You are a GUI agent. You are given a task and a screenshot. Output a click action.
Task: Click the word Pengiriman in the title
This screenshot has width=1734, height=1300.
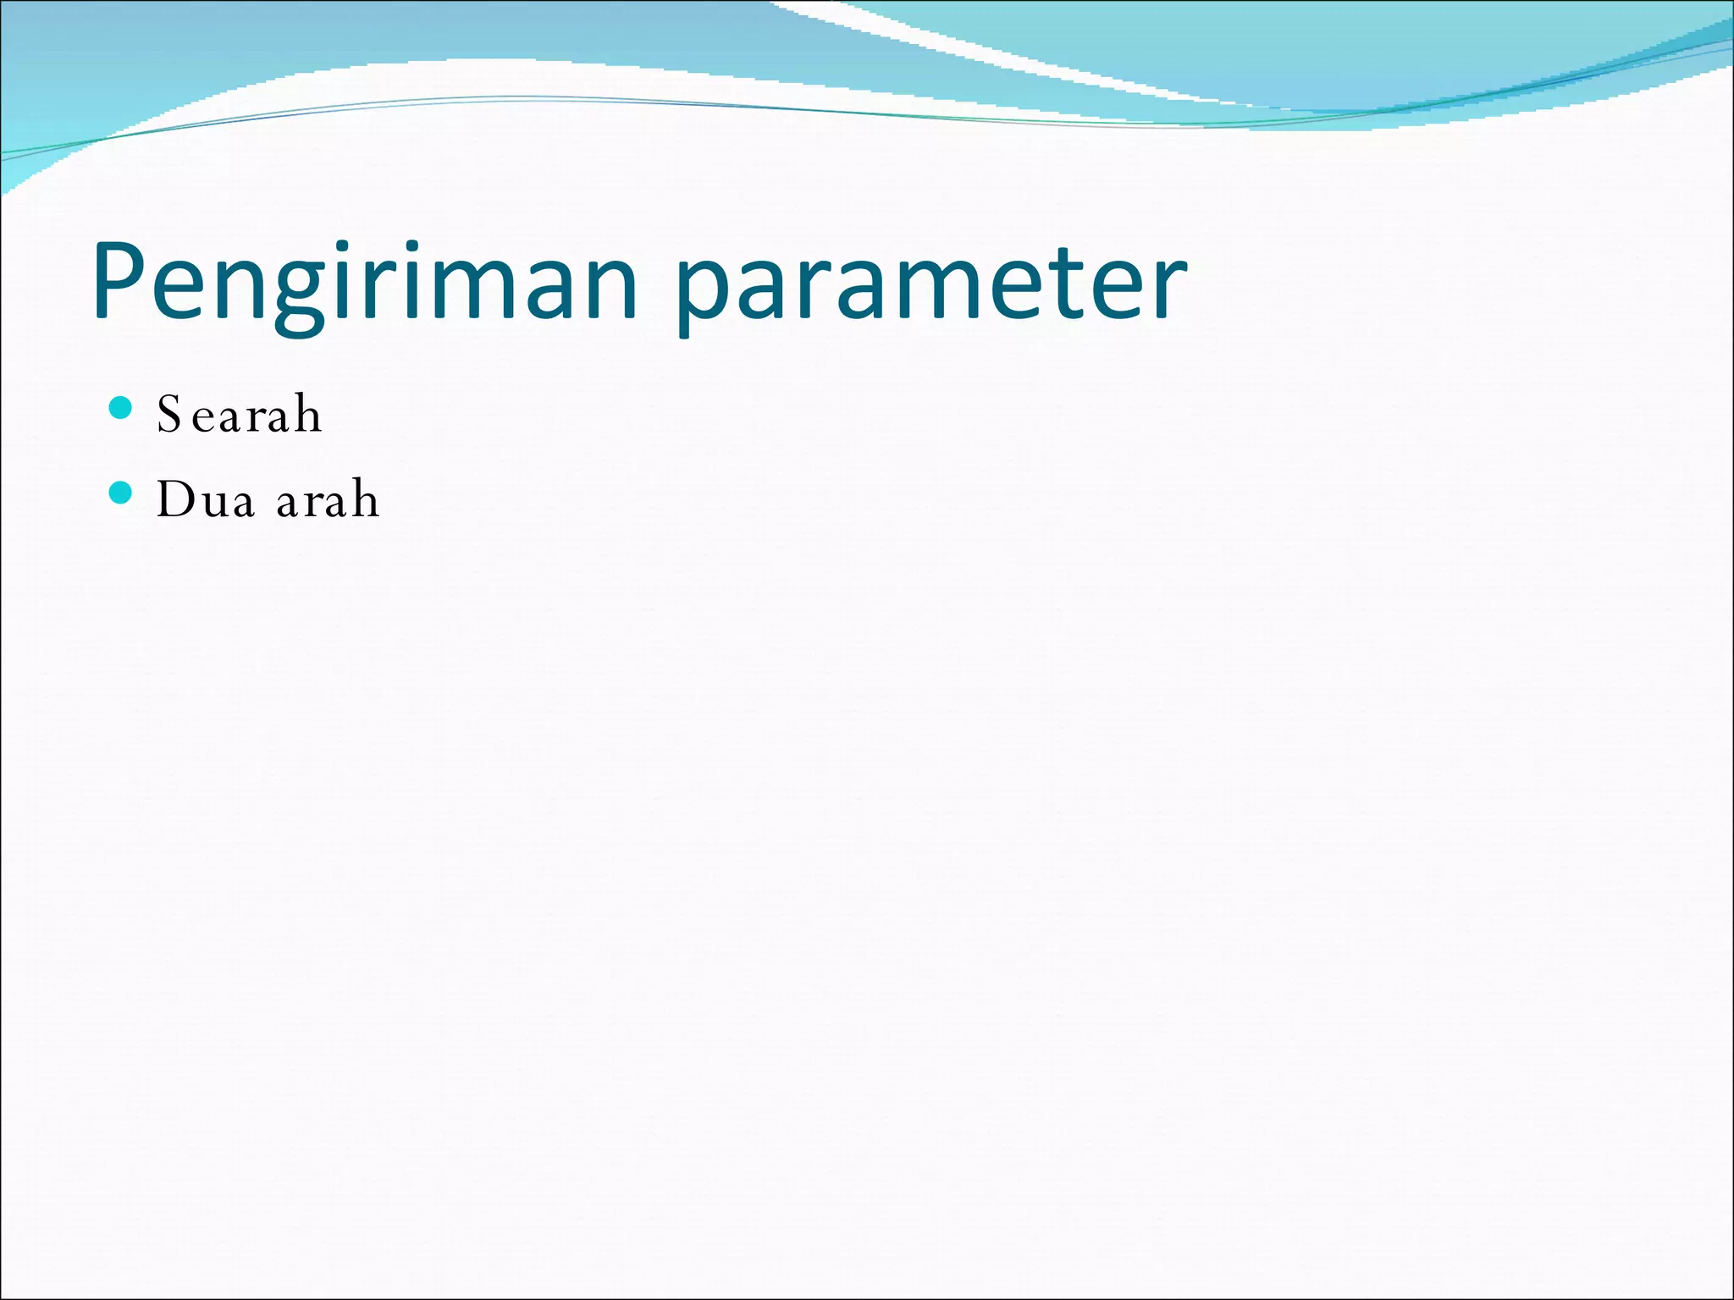tap(364, 284)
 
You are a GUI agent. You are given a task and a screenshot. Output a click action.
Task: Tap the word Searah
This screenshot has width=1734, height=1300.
tap(239, 415)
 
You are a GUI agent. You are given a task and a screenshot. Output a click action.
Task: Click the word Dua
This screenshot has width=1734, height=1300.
tap(205, 499)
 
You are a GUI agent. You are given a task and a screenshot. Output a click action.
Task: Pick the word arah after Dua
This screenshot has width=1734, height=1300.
tap(328, 499)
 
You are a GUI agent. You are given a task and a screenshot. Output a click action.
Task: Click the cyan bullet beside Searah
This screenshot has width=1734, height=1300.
tap(121, 408)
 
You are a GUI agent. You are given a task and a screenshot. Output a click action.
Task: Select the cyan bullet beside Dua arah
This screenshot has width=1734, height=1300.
tap(121, 493)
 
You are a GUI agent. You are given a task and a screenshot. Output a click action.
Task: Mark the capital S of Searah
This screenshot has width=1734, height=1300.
tap(169, 415)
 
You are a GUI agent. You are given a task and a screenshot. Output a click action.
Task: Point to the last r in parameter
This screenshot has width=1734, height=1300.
tap(1168, 288)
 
